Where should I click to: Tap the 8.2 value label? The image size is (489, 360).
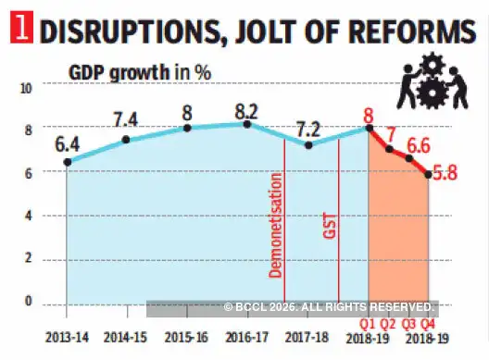click(x=245, y=106)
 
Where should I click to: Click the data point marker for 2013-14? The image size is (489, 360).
click(x=68, y=162)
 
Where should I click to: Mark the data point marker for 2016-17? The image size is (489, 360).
click(x=247, y=124)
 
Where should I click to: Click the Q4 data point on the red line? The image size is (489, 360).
click(x=426, y=173)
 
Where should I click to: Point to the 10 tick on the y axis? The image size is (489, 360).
click(x=27, y=88)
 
